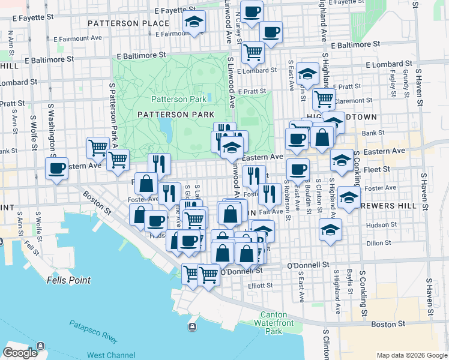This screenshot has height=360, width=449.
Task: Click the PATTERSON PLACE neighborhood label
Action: pos(128,23)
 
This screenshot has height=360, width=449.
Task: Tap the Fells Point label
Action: pos(68,280)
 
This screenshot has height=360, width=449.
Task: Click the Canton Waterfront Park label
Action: pos(274,324)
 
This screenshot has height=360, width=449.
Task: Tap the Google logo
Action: pos(20,353)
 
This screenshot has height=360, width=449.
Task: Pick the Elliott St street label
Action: pos(260,286)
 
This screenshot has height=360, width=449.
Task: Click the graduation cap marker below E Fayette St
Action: pos(194,22)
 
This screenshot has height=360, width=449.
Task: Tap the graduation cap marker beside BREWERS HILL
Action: pos(349,197)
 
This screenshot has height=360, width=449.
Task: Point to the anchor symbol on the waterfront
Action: pos(192,326)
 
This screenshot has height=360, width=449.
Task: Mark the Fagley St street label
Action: pos(393,83)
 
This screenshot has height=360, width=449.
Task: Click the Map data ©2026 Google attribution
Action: pos(412,355)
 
